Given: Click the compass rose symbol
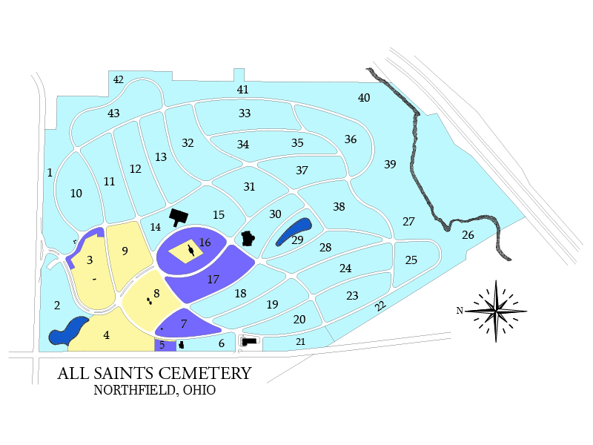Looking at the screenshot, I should (496, 311).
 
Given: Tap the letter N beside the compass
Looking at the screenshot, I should (460, 310).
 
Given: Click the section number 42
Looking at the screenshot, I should (119, 79).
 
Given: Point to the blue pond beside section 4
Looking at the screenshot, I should (67, 332).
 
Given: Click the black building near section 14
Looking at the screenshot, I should (179, 217).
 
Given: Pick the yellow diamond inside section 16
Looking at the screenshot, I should (185, 251).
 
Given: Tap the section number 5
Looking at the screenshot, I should (162, 345).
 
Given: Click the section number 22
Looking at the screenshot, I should (380, 306).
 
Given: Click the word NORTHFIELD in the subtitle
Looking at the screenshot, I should (133, 391).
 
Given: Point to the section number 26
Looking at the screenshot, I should (468, 235).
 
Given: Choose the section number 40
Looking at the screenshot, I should (364, 98).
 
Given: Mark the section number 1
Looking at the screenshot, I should (50, 173).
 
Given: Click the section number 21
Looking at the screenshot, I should (300, 341).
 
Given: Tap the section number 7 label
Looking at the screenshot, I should (184, 324).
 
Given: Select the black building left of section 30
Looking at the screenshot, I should (248, 239).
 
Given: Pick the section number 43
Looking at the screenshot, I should (113, 113).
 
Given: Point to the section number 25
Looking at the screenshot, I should (411, 260).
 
